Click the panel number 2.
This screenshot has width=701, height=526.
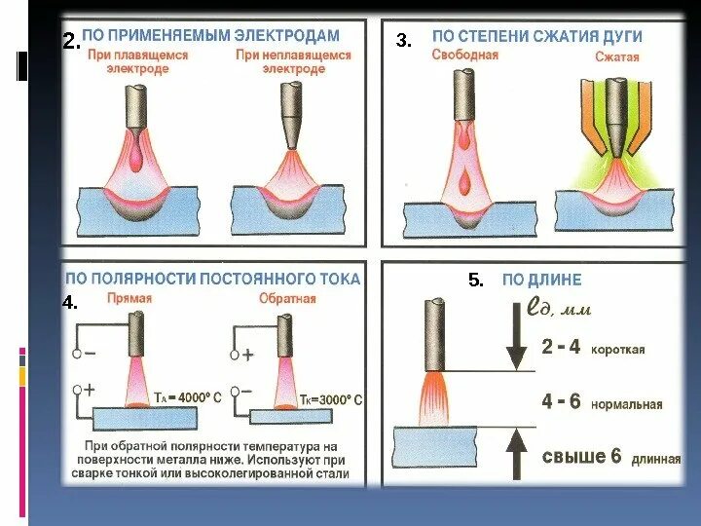click(70, 41)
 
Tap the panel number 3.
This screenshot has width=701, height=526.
click(404, 41)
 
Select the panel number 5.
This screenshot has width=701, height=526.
click(476, 281)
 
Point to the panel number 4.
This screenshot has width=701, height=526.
click(70, 303)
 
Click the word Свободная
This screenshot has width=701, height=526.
click(464, 56)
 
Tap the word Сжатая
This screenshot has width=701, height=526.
click(617, 57)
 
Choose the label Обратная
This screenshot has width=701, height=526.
click(287, 299)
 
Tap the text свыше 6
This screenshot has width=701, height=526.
click(580, 457)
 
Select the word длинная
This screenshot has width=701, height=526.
click(656, 459)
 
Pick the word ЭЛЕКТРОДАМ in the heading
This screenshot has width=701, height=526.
click(289, 35)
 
